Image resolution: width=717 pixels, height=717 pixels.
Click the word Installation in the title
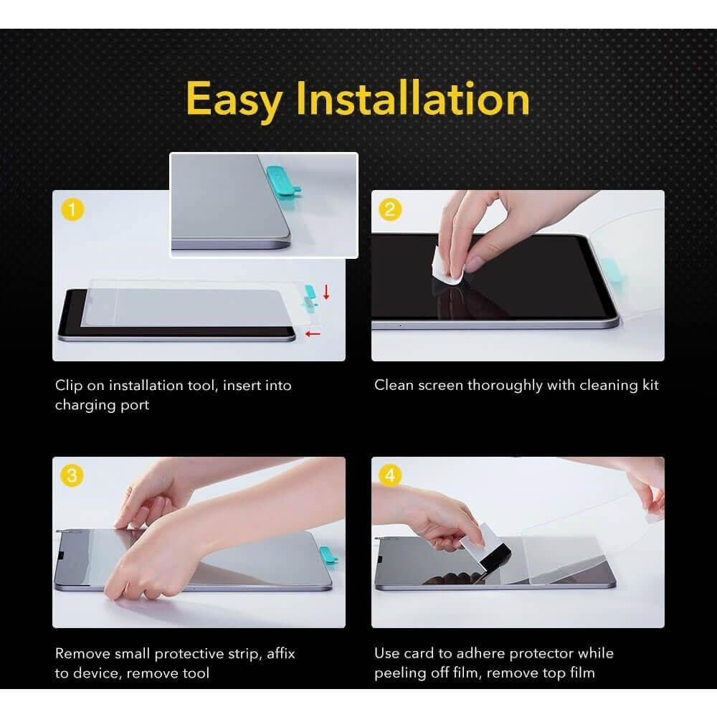[x=413, y=98]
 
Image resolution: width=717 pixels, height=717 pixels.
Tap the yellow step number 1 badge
[x=72, y=209]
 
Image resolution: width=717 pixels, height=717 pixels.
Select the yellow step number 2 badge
[x=390, y=209]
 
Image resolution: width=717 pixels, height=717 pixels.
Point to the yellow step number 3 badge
[x=72, y=475]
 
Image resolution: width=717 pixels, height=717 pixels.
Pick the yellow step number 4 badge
[x=390, y=475]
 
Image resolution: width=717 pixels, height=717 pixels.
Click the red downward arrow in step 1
[x=326, y=293]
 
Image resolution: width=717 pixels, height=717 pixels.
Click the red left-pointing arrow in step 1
[x=313, y=334]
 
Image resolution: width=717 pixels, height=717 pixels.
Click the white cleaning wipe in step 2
[x=447, y=268]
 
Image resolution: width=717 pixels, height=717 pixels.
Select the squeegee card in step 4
[x=487, y=549]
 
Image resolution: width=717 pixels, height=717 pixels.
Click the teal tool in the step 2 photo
[x=610, y=270]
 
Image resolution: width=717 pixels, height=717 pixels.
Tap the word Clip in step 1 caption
[x=69, y=386]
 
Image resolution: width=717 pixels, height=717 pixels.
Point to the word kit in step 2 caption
[x=650, y=385]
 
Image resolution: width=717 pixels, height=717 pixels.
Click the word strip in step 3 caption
[x=244, y=655]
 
